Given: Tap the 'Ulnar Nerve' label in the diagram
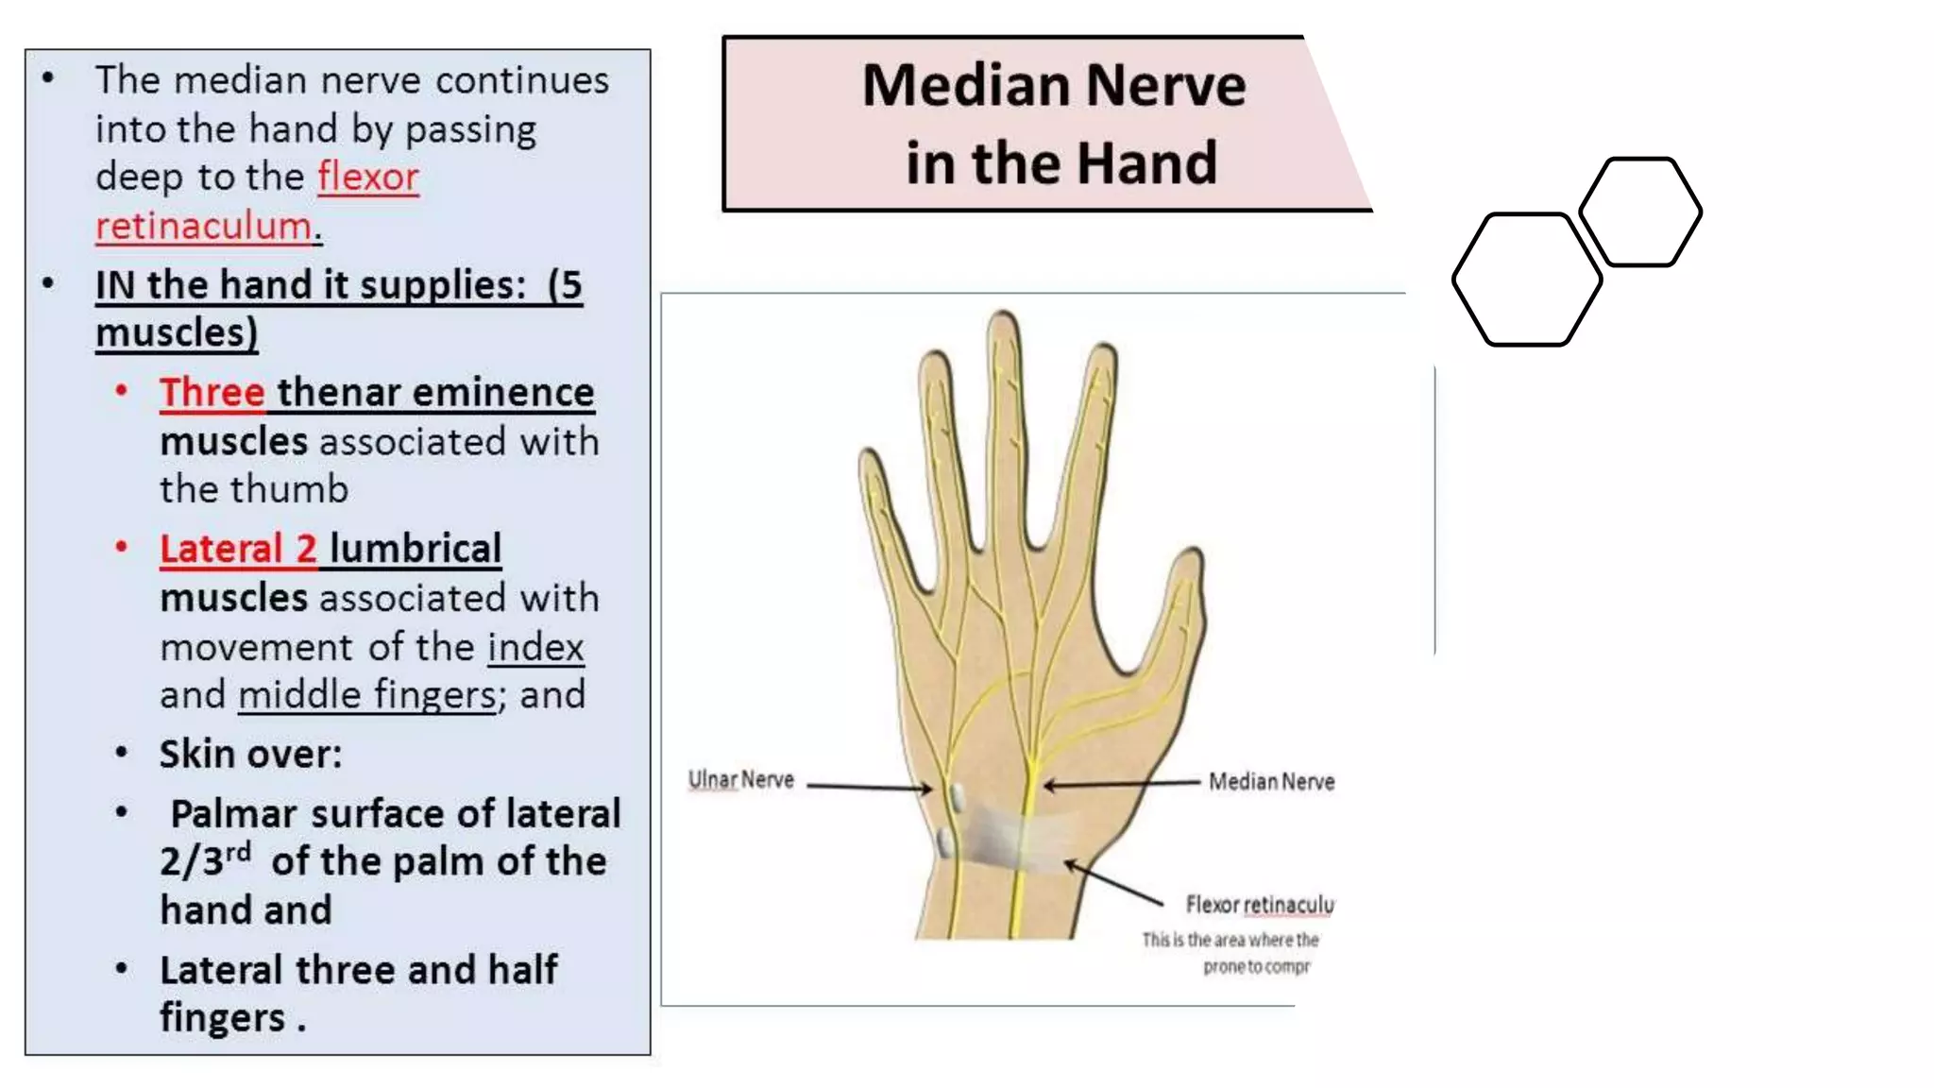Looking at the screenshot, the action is (x=740, y=780).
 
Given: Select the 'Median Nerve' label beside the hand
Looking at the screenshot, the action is (x=1271, y=782).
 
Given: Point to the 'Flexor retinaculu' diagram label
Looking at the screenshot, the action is (x=1259, y=905).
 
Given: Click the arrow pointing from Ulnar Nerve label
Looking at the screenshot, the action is (x=869, y=786).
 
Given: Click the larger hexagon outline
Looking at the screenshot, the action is (x=1526, y=280).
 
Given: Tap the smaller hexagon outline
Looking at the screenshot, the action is (x=1640, y=212).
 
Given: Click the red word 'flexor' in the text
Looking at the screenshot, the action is (x=367, y=178).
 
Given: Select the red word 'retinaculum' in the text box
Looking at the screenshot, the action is (x=203, y=227).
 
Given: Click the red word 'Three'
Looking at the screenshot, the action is (x=212, y=393).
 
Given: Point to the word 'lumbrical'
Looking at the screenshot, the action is (x=415, y=549).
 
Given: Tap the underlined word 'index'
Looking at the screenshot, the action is (x=535, y=648).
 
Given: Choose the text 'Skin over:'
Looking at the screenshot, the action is (x=250, y=755).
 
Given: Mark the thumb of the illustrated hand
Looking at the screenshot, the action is (x=1180, y=604).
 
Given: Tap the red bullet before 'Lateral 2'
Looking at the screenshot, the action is (x=122, y=547).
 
